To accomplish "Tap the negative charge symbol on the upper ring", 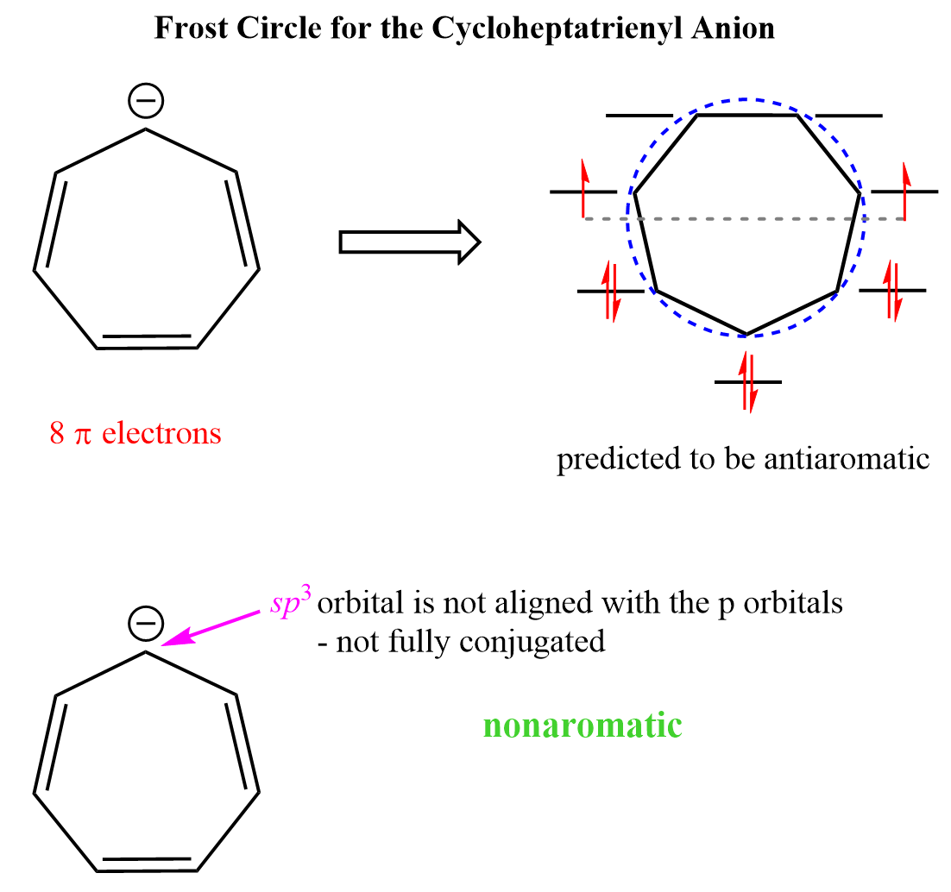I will [x=145, y=102].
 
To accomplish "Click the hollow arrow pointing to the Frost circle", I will [x=409, y=242].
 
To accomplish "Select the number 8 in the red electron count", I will [x=57, y=433].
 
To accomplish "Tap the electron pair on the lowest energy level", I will [x=748, y=381].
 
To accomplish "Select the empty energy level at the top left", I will [x=639, y=115].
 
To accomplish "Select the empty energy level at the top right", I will [x=849, y=115].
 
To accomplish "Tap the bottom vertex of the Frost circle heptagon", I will [x=746, y=334].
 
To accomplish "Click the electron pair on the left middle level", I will [x=611, y=291].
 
